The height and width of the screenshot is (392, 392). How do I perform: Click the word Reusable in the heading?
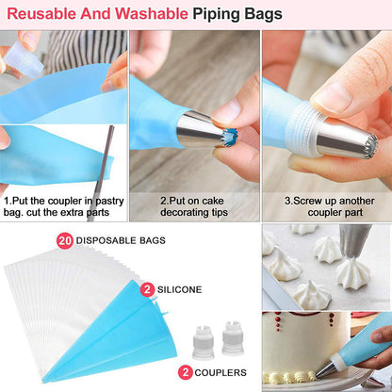41,14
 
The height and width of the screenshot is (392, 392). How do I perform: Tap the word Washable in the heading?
151,14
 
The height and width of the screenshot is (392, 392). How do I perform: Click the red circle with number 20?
65,241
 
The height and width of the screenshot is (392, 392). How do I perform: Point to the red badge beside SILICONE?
148,289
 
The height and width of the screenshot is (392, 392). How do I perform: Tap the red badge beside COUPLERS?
186,372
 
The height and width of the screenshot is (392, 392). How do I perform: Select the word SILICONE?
179,289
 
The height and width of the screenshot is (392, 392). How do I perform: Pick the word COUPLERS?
220,373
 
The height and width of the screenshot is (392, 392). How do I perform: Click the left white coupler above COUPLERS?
203,343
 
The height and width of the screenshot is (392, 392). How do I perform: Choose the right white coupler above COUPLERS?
233,338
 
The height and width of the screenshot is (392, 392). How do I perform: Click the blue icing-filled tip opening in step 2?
232,137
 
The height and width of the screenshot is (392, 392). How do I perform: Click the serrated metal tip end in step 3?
369,145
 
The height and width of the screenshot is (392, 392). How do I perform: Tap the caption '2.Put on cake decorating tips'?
194,206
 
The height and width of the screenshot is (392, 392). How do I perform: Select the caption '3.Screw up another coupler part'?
330,206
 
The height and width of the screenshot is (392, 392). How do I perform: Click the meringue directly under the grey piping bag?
352,273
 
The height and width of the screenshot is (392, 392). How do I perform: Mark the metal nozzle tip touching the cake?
323,370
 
